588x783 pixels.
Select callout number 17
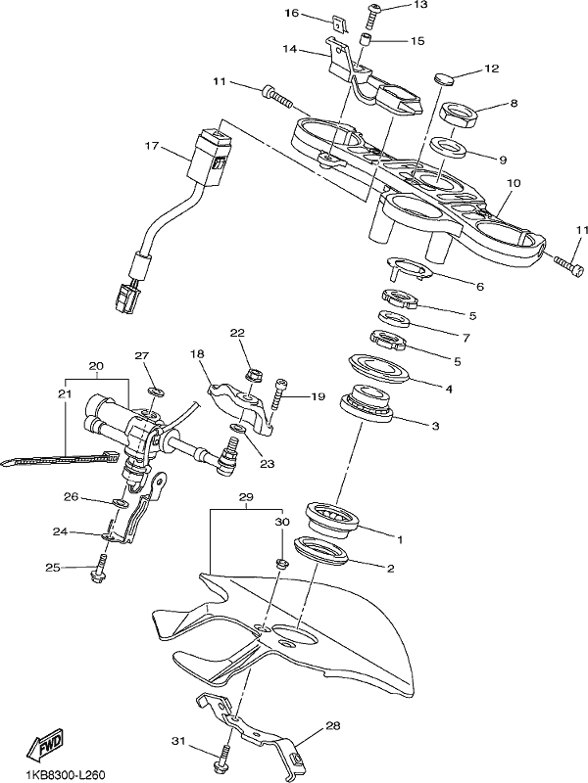(x=152, y=146)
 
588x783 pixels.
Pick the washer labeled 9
(x=448, y=148)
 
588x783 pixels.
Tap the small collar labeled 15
(x=367, y=39)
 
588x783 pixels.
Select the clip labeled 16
(x=339, y=24)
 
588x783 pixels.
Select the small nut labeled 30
(x=281, y=565)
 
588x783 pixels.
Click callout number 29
(x=247, y=497)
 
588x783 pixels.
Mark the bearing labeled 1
(x=332, y=520)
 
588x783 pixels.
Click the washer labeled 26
(x=119, y=502)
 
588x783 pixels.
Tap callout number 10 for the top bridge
(x=514, y=183)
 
